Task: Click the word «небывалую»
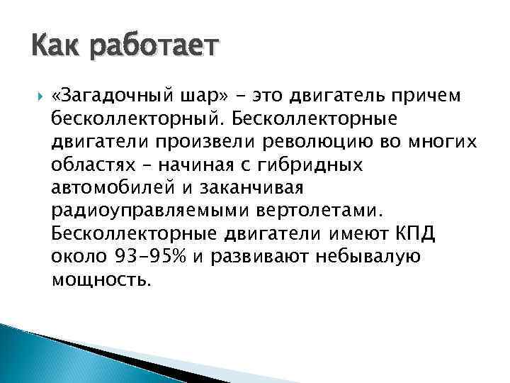368,256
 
